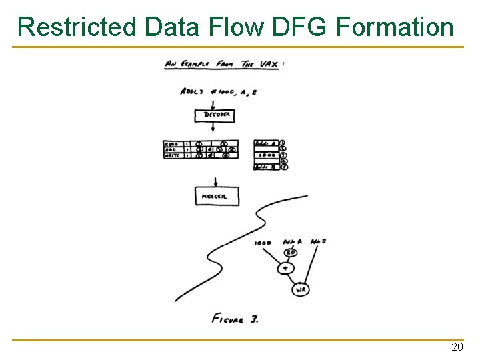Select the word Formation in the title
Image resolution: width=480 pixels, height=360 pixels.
click(x=396, y=27)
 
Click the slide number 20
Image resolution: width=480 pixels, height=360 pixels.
click(x=457, y=347)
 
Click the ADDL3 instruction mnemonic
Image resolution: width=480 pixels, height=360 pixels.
click(x=194, y=92)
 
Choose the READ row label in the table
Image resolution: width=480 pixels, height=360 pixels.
click(x=172, y=143)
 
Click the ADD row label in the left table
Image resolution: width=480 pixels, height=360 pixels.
click(x=171, y=149)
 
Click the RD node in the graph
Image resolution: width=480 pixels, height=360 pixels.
click(x=291, y=253)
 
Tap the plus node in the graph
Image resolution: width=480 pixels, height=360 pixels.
click(x=285, y=268)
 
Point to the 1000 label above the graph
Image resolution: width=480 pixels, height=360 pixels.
click(x=263, y=243)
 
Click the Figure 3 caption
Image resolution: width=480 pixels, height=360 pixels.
click(x=235, y=319)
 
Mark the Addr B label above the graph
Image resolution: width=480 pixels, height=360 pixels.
click(x=318, y=241)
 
